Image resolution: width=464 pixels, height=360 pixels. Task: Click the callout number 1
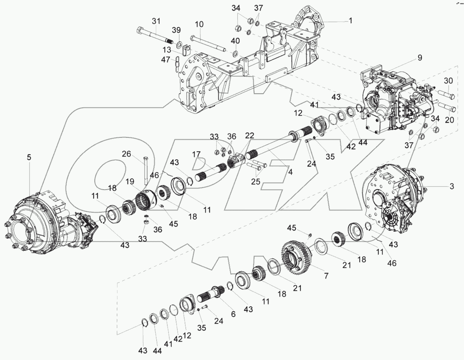[x=350, y=21]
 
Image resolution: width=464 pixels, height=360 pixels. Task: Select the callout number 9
[x=419, y=58]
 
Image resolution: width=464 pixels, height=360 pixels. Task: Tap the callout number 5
[x=29, y=157]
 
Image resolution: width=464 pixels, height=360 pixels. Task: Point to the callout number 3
[x=452, y=187]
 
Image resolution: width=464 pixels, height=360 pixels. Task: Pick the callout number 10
[x=199, y=25]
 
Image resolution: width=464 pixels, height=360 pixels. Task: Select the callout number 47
[x=165, y=60]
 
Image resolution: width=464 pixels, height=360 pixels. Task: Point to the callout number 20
[x=449, y=120]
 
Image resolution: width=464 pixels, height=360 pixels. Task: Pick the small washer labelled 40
[x=236, y=51]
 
